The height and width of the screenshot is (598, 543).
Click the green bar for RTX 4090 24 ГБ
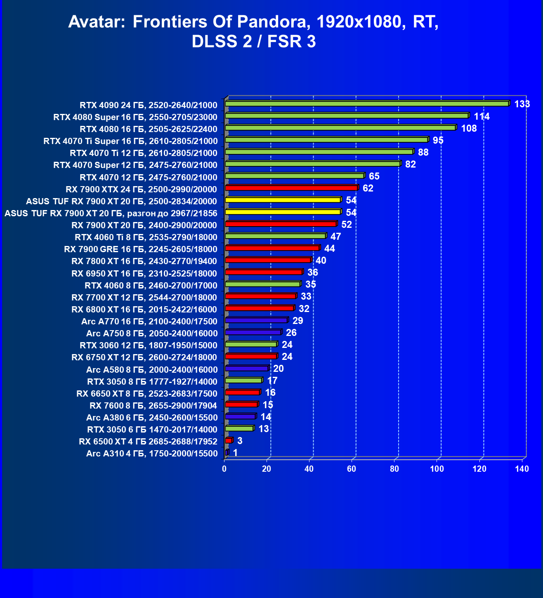(367, 104)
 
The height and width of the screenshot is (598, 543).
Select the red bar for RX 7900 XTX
(291, 188)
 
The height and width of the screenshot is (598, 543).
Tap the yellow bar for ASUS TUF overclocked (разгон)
(283, 212)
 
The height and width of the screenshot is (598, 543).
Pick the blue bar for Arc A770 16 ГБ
(256, 320)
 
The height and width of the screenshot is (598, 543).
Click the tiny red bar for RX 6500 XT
(229, 441)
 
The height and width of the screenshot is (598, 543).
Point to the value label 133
(522, 104)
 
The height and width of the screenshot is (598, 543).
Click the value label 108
(469, 128)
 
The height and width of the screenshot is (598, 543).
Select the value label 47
(335, 236)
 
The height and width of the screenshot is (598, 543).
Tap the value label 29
(297, 321)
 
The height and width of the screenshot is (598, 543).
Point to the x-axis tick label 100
(437, 469)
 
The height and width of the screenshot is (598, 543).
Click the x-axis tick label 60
(352, 469)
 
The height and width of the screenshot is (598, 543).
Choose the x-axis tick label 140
(522, 469)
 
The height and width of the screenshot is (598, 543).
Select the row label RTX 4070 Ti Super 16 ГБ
(130, 141)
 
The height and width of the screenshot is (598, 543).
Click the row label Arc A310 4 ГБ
(152, 454)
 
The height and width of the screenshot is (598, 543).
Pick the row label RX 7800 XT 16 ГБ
(144, 261)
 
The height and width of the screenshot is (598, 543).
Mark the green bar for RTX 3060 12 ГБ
(251, 344)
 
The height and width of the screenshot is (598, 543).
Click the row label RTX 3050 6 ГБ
(152, 430)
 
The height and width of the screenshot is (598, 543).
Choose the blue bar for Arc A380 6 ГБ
(241, 416)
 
